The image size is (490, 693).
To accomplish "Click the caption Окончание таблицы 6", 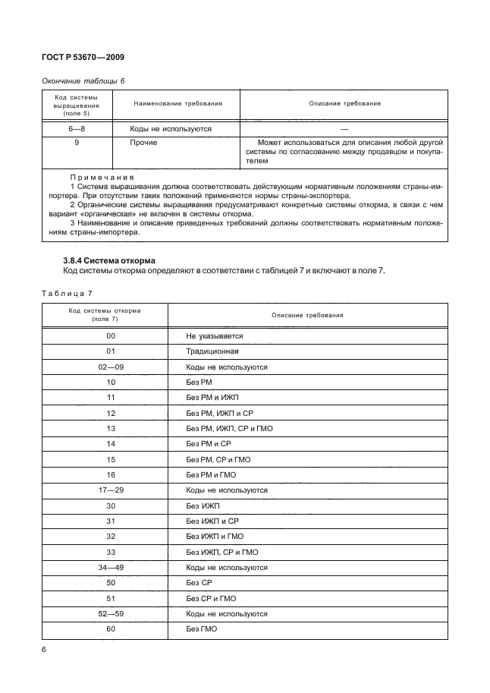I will tap(82, 80).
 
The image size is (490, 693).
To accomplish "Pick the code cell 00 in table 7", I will tap(111, 335).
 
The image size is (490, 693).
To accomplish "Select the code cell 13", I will tap(111, 429).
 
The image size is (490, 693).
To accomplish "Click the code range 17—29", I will tap(111, 491).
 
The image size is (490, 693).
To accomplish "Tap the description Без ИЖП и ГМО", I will tap(215, 536).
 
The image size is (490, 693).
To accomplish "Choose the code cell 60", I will tap(111, 628).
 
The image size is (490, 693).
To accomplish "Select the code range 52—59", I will tap(111, 613).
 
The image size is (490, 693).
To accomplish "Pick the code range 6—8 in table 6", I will tap(77, 129).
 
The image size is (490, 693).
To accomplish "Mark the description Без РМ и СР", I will tap(209, 443).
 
